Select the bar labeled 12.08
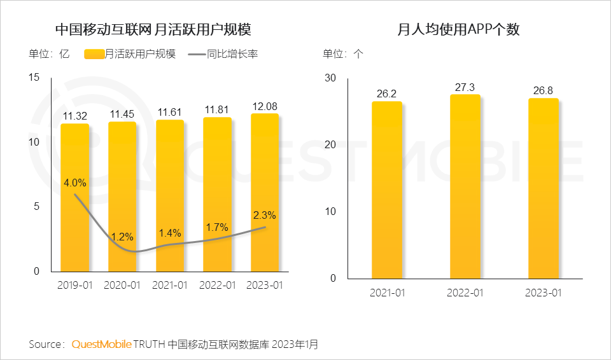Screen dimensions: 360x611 pyautogui.click(x=264, y=191)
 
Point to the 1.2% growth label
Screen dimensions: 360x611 pyautogui.click(x=122, y=237)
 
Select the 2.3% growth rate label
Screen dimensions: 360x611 pyautogui.click(x=265, y=215)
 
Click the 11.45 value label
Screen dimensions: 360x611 pyautogui.click(x=122, y=114)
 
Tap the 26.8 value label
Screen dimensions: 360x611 pyautogui.click(x=543, y=90)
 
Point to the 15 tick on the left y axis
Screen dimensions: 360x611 pyautogui.click(x=34, y=78)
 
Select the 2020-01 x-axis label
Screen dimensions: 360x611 pyautogui.click(x=122, y=285)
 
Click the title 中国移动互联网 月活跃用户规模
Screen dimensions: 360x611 pyautogui.click(x=153, y=29)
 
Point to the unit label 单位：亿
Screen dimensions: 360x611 pyautogui.click(x=48, y=54)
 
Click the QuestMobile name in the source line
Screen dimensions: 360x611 pyautogui.click(x=101, y=344)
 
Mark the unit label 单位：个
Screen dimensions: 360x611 pyautogui.click(x=343, y=54)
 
